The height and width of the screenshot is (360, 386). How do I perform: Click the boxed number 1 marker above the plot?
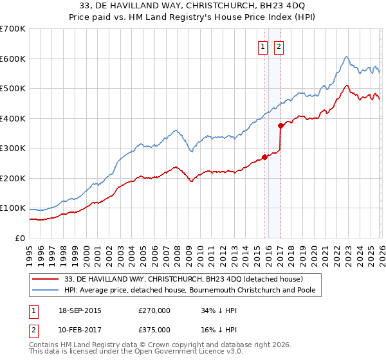(x=263, y=46)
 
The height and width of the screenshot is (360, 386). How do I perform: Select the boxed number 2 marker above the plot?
(x=279, y=46)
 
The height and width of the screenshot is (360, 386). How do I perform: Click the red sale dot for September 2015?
(x=264, y=157)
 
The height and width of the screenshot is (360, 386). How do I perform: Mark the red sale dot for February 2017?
(x=280, y=126)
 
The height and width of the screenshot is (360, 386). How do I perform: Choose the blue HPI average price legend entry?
(x=193, y=291)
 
